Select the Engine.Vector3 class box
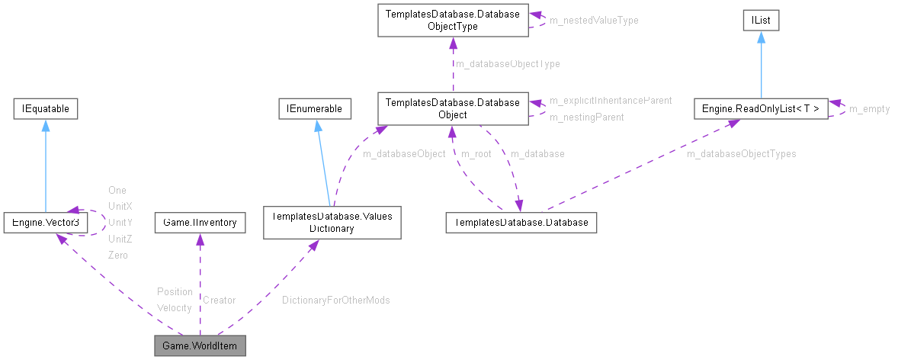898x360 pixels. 45,223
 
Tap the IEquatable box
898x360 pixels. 46,110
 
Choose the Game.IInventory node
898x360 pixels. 200,223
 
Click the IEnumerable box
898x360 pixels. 315,110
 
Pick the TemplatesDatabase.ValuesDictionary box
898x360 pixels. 332,223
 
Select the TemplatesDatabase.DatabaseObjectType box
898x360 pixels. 452,20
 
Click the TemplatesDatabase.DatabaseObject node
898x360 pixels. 452,108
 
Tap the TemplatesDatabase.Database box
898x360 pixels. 521,223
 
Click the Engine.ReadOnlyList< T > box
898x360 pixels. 761,110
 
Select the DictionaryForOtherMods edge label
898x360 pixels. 335,301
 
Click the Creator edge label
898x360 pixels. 219,301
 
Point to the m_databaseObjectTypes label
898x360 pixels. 741,154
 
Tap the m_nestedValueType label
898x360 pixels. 594,21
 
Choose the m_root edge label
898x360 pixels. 476,154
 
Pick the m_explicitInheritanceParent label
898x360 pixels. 610,101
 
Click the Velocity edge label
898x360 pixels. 174,307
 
